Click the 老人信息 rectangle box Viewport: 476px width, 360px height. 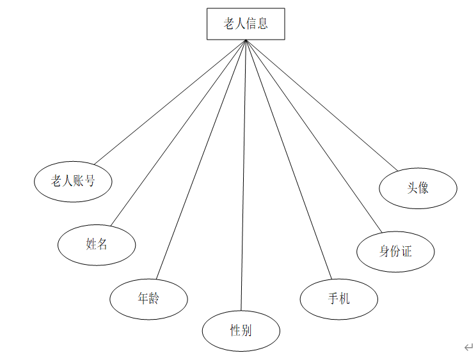coord(246,24)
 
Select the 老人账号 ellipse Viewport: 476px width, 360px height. coord(73,182)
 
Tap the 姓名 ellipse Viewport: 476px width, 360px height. coord(97,244)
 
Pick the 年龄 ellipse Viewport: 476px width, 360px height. coord(148,299)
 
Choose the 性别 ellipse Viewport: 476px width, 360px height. coord(241,331)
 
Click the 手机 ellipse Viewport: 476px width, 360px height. coord(339,299)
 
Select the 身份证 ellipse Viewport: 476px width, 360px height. coord(395,251)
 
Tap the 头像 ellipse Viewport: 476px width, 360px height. coord(418,188)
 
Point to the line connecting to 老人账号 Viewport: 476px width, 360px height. coord(170,102)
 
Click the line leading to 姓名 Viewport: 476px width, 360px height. coord(178,133)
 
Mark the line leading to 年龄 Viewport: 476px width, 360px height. coord(201,160)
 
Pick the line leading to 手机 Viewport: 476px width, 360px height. coord(289,160)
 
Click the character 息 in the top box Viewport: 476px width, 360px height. coord(262,24)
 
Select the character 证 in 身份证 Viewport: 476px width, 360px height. coord(406,251)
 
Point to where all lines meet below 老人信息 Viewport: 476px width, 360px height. coord(246,41)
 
